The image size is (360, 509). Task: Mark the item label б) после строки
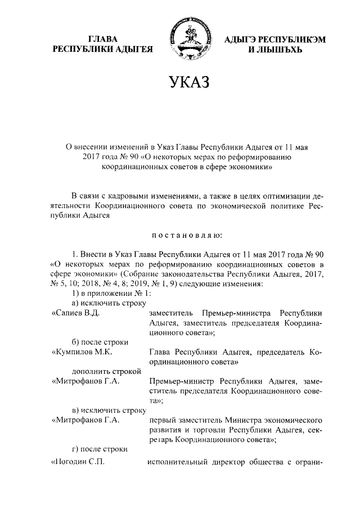tap(101, 343)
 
